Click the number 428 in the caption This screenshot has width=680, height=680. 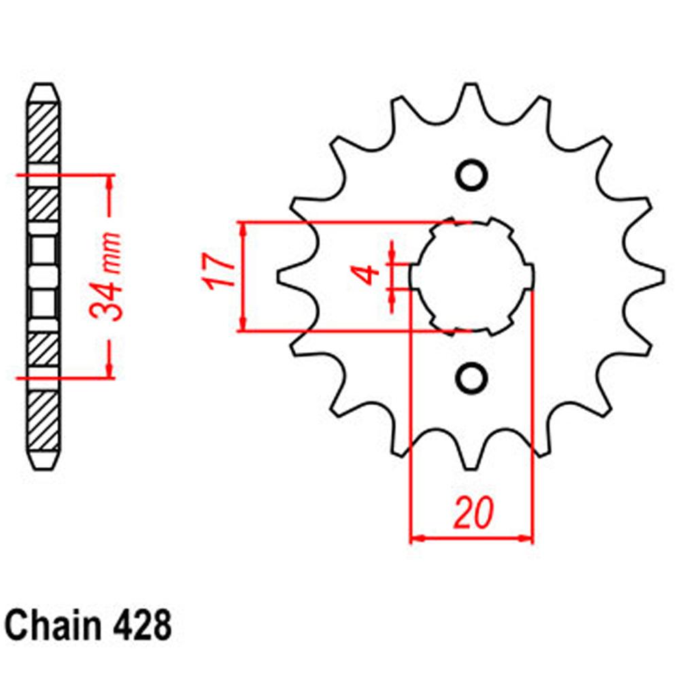coord(140,625)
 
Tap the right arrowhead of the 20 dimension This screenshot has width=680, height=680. coord(526,539)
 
